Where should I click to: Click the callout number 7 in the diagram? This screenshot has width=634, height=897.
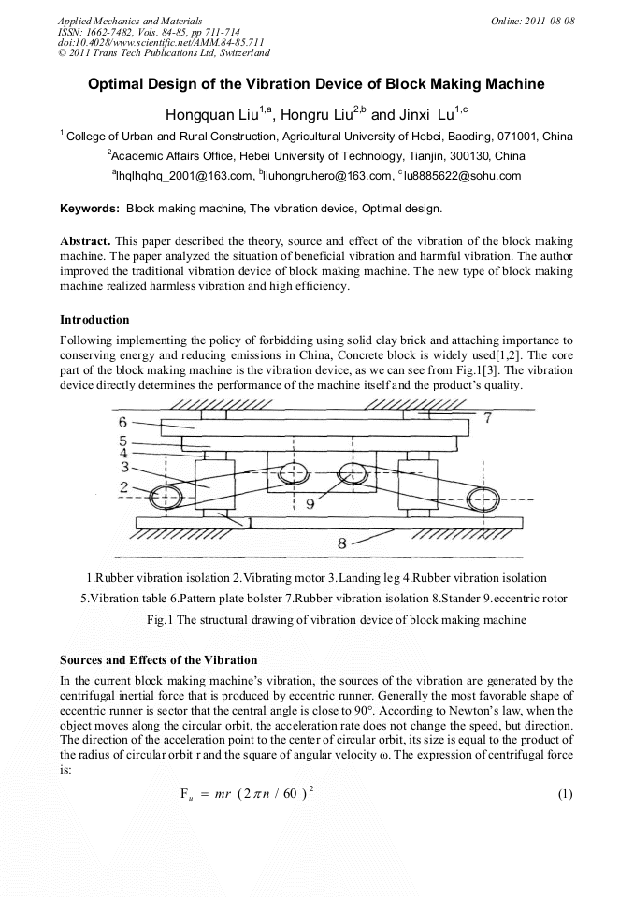486,417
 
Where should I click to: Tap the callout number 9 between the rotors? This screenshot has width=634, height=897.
310,502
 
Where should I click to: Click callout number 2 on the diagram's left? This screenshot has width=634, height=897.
122,486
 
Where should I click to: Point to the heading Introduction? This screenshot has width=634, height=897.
94,320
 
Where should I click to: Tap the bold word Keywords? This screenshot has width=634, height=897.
90,208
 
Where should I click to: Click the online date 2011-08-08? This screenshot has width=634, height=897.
551,20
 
